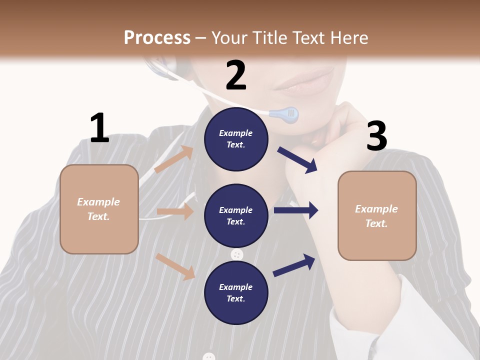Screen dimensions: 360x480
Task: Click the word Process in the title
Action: coord(157,37)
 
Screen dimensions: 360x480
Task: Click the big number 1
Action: coord(99,128)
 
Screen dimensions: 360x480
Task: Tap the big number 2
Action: coord(236,75)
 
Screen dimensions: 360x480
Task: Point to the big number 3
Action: coord(376,136)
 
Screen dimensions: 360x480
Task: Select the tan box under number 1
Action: coord(99,209)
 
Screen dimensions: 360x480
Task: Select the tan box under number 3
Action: coord(377,215)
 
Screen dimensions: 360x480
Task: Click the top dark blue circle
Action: coord(236,139)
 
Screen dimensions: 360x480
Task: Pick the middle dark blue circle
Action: coord(236,215)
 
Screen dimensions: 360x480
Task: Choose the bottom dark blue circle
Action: coord(236,292)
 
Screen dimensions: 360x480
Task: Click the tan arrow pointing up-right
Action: coord(173,159)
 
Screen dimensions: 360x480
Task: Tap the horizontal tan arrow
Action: coord(175,211)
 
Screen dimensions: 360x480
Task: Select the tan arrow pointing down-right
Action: coord(175,266)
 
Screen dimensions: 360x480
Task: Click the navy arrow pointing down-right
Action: coord(297,159)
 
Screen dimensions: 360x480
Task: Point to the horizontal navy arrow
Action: coord(295,210)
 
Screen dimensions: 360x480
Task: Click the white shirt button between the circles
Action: coord(237,254)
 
